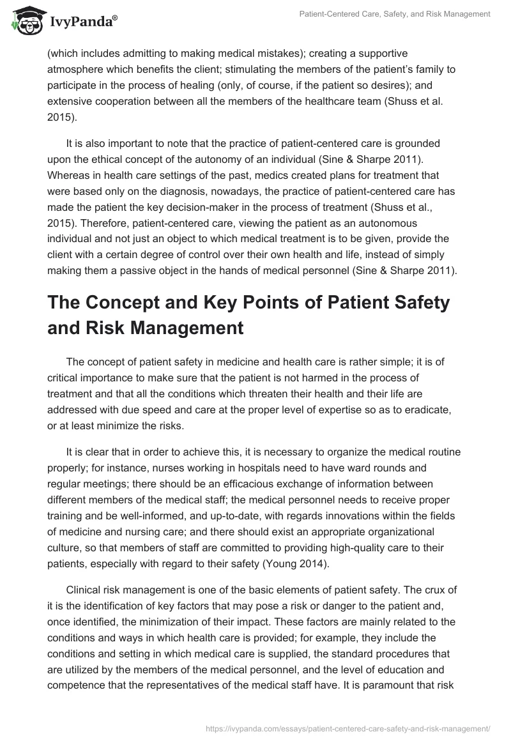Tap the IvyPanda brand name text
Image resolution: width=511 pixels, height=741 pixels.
coord(82,22)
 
